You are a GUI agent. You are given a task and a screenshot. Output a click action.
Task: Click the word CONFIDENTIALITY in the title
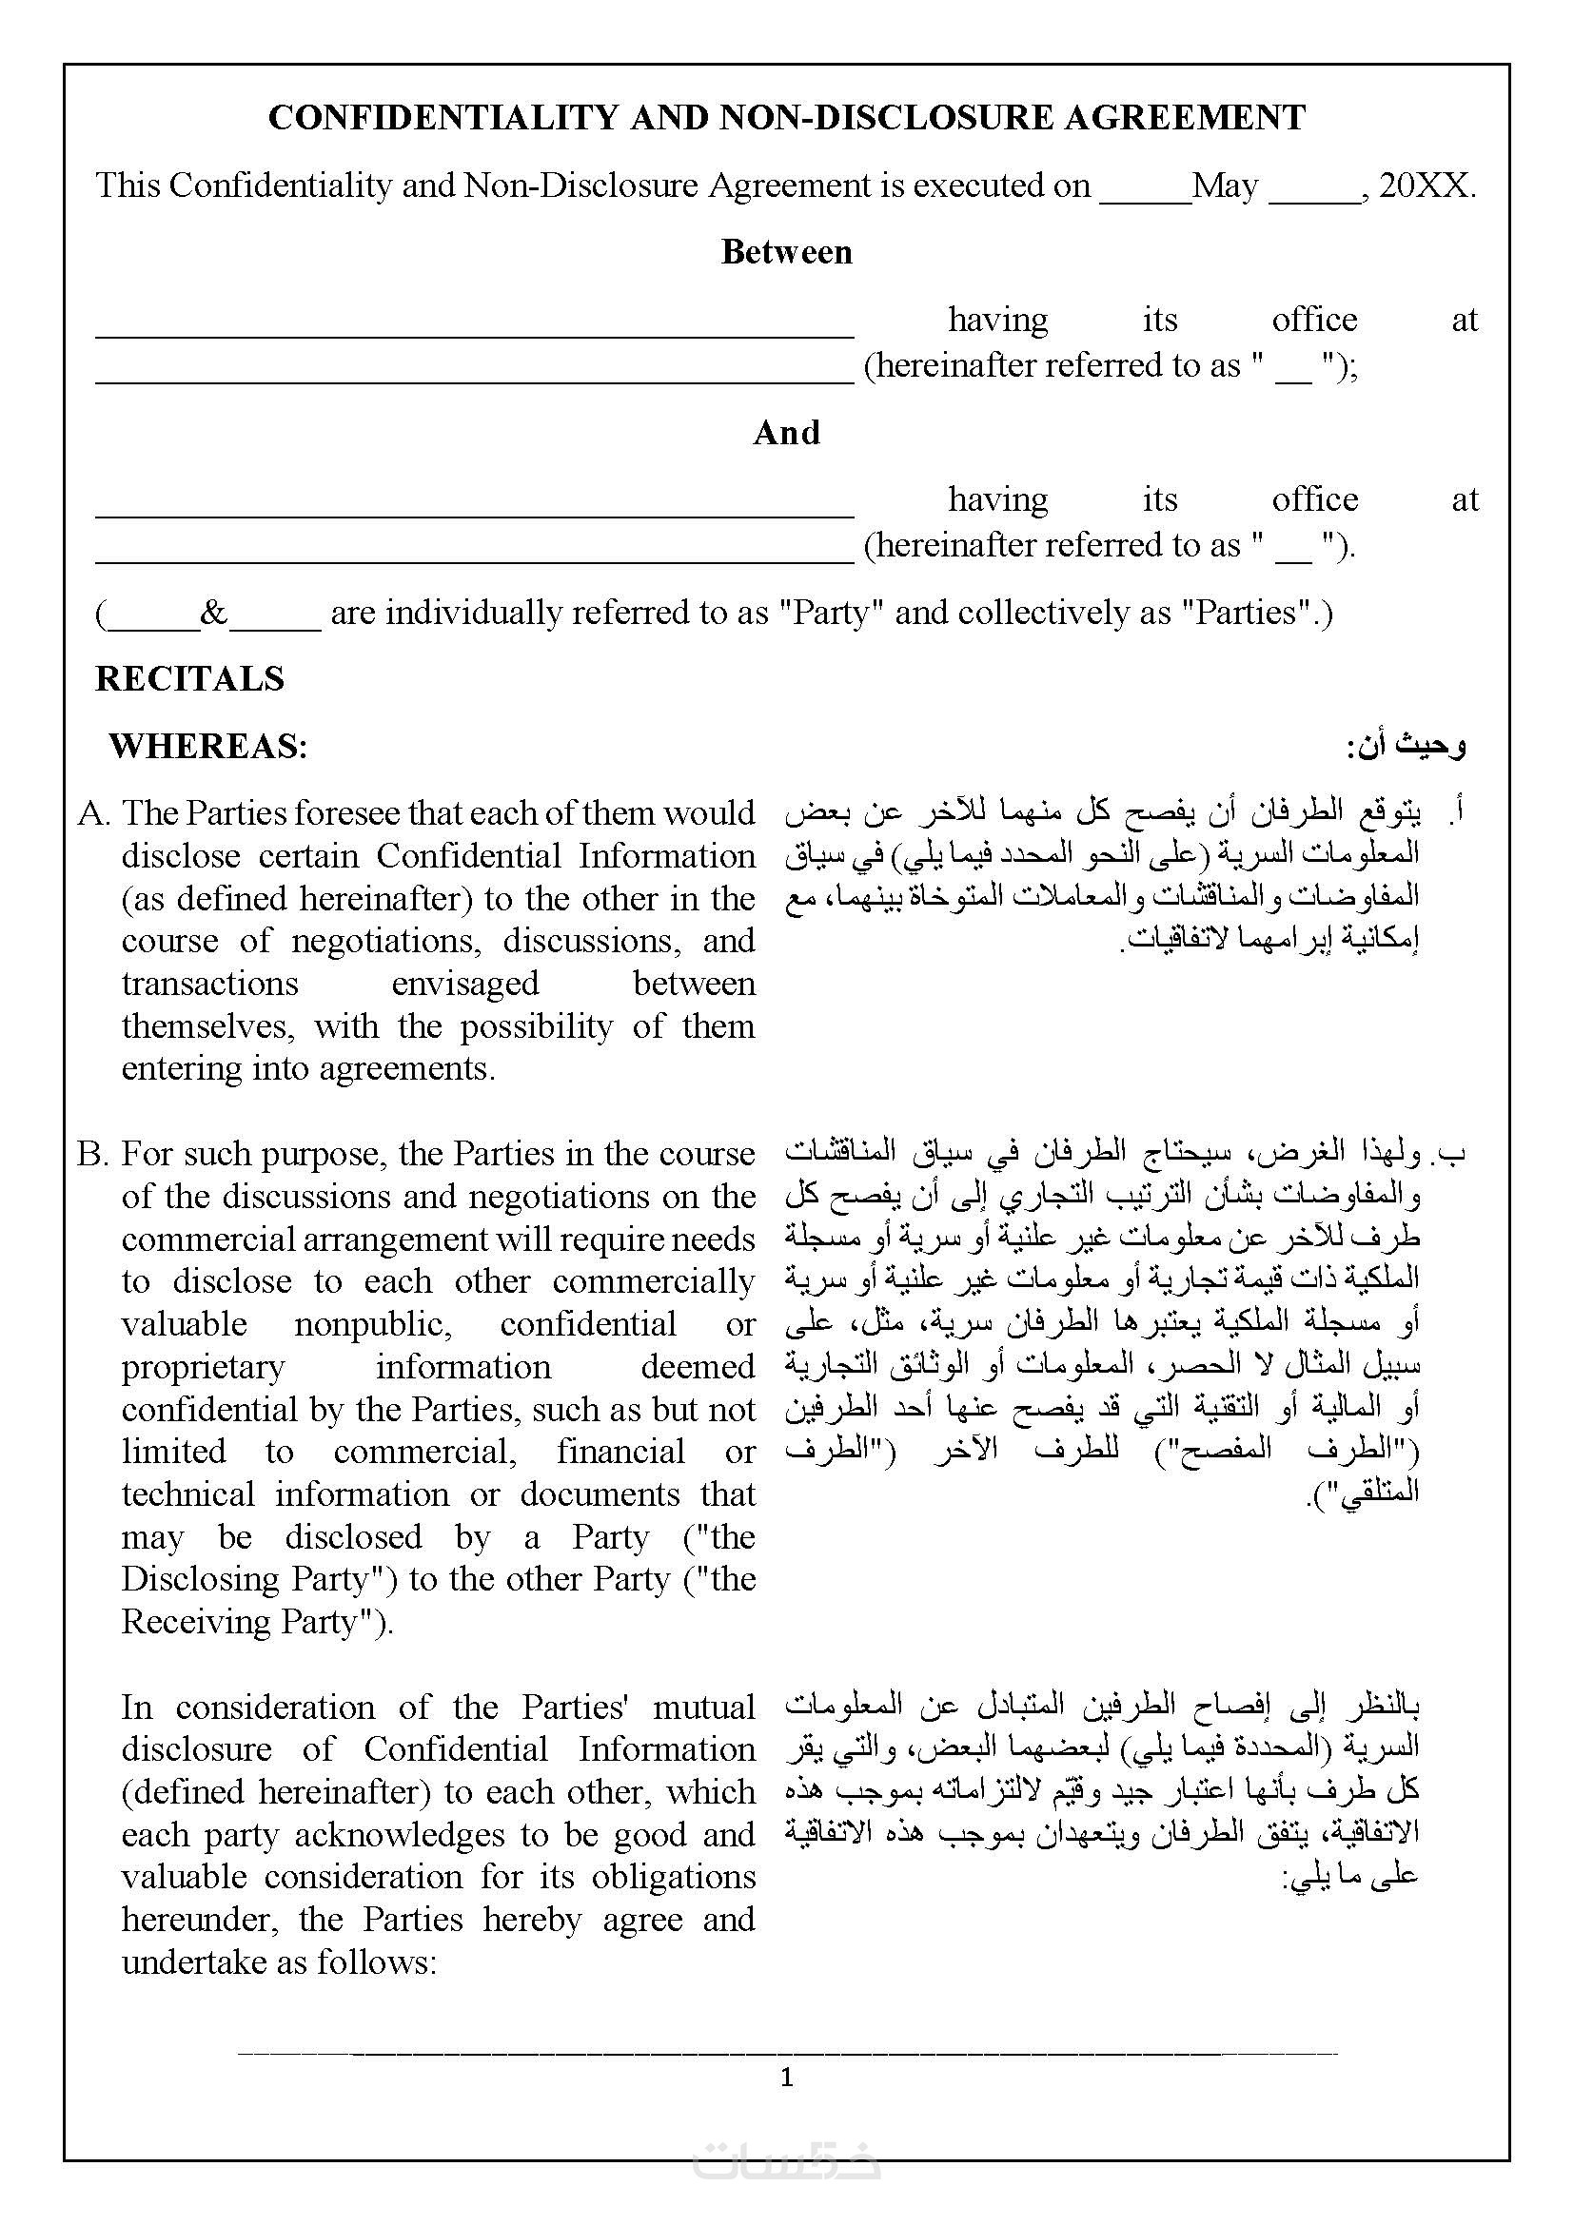443,118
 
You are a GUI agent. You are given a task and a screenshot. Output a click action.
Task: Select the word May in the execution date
1225,185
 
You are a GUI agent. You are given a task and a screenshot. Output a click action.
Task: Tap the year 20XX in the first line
1426,185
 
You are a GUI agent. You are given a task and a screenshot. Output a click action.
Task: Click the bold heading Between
786,252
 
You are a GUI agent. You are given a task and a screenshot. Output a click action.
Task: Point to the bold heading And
786,432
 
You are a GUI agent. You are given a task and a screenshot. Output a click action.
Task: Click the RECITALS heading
190,678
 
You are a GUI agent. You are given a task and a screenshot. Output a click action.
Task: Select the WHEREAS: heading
208,746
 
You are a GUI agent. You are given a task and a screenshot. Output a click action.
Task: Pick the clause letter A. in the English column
95,813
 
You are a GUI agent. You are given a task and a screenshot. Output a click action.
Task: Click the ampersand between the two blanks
214,613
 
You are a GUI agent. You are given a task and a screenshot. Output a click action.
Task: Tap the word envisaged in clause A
465,984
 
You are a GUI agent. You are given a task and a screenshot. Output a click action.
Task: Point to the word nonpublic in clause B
373,1325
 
